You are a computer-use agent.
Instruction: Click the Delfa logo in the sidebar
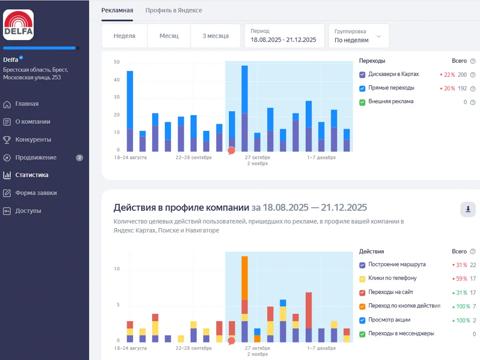coord(18,25)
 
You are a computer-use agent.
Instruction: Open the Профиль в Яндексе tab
coord(174,10)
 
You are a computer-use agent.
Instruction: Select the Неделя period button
coord(124,36)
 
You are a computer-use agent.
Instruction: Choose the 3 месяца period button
coord(215,36)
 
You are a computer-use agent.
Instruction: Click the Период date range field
coord(284,36)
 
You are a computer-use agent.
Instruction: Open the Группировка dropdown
coord(358,36)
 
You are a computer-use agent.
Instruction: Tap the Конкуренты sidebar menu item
coord(33,140)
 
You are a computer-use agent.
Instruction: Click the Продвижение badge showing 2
coord(80,158)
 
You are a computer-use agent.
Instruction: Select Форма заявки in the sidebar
coord(36,193)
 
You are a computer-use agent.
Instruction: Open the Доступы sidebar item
coord(28,211)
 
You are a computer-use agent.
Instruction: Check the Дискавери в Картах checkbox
coord(362,75)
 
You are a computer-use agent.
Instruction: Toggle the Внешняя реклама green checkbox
coord(362,102)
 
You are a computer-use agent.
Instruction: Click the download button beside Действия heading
coord(468,209)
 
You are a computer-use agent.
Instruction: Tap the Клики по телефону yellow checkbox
coord(362,279)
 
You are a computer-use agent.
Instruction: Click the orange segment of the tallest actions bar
coord(245,278)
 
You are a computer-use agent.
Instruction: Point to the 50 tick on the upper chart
coord(117,62)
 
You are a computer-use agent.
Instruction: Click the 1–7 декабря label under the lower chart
coord(321,348)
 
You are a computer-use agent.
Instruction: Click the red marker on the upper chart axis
coord(231,151)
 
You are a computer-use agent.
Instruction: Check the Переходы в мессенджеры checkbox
coord(362,334)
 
